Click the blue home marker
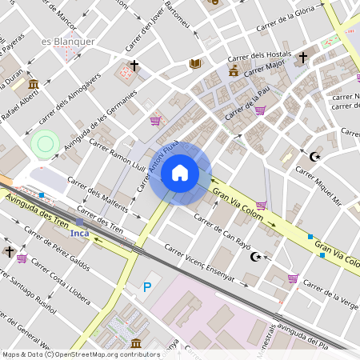point(180,173)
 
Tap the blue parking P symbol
point(146,287)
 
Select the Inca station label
point(79,233)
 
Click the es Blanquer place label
point(68,41)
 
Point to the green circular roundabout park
point(46,144)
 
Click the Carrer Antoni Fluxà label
point(157,163)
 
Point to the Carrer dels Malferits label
point(94,194)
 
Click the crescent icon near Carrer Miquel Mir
point(314,156)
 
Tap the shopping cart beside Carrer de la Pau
point(260,110)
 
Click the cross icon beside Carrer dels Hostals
point(302,58)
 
